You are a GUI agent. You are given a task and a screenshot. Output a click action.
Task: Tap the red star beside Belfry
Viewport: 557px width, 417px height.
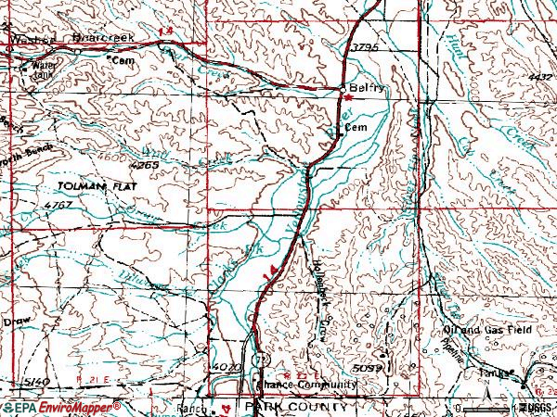point(348,96)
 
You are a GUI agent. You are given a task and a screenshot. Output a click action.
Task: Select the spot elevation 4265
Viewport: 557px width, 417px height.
point(145,165)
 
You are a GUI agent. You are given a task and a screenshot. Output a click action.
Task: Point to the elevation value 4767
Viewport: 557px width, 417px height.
point(58,204)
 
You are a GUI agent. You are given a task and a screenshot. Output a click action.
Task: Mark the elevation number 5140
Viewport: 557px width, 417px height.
point(35,382)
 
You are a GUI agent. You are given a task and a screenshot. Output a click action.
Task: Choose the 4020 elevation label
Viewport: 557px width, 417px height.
point(227,367)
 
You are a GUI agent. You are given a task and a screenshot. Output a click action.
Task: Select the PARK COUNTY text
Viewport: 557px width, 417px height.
point(296,407)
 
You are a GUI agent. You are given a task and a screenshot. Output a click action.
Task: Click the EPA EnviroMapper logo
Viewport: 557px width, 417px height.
point(61,407)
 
